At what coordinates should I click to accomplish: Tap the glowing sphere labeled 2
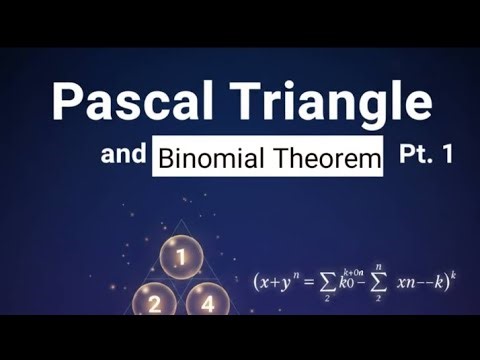tap(156, 304)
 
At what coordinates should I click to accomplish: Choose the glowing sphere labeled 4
tap(207, 304)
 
